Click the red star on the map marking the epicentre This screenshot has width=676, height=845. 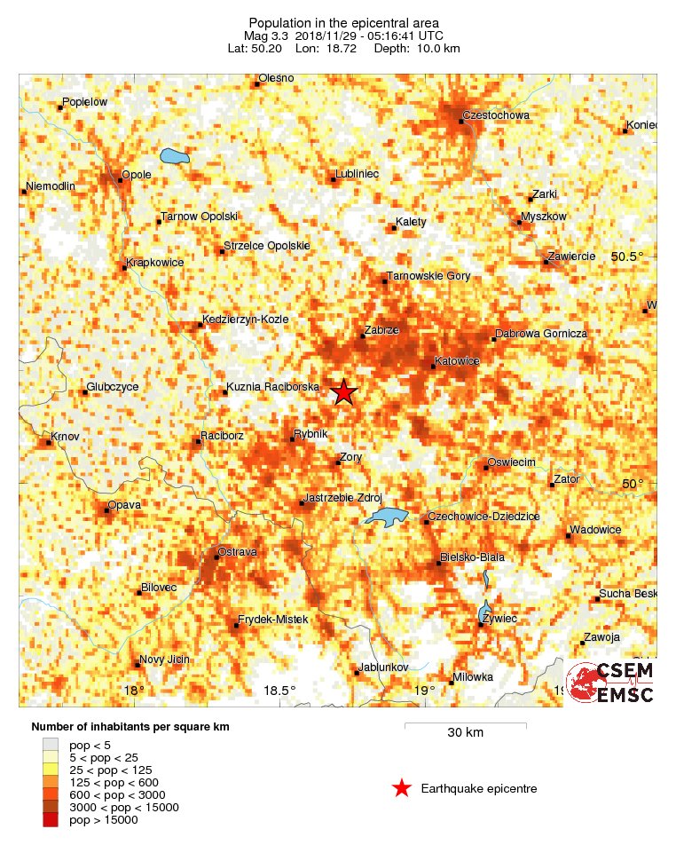pos(343,391)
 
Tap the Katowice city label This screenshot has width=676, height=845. pos(457,361)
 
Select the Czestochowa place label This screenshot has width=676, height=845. pos(497,115)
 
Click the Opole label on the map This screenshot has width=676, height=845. pos(137,175)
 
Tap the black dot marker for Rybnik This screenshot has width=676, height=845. pos(295,438)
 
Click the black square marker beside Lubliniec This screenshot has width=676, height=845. pos(334,179)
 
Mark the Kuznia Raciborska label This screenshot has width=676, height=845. pos(272,387)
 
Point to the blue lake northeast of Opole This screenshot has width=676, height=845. pos(175,158)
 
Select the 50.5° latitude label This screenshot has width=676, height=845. pos(627,257)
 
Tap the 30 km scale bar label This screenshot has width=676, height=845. pos(465,732)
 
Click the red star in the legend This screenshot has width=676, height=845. pos(402,787)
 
